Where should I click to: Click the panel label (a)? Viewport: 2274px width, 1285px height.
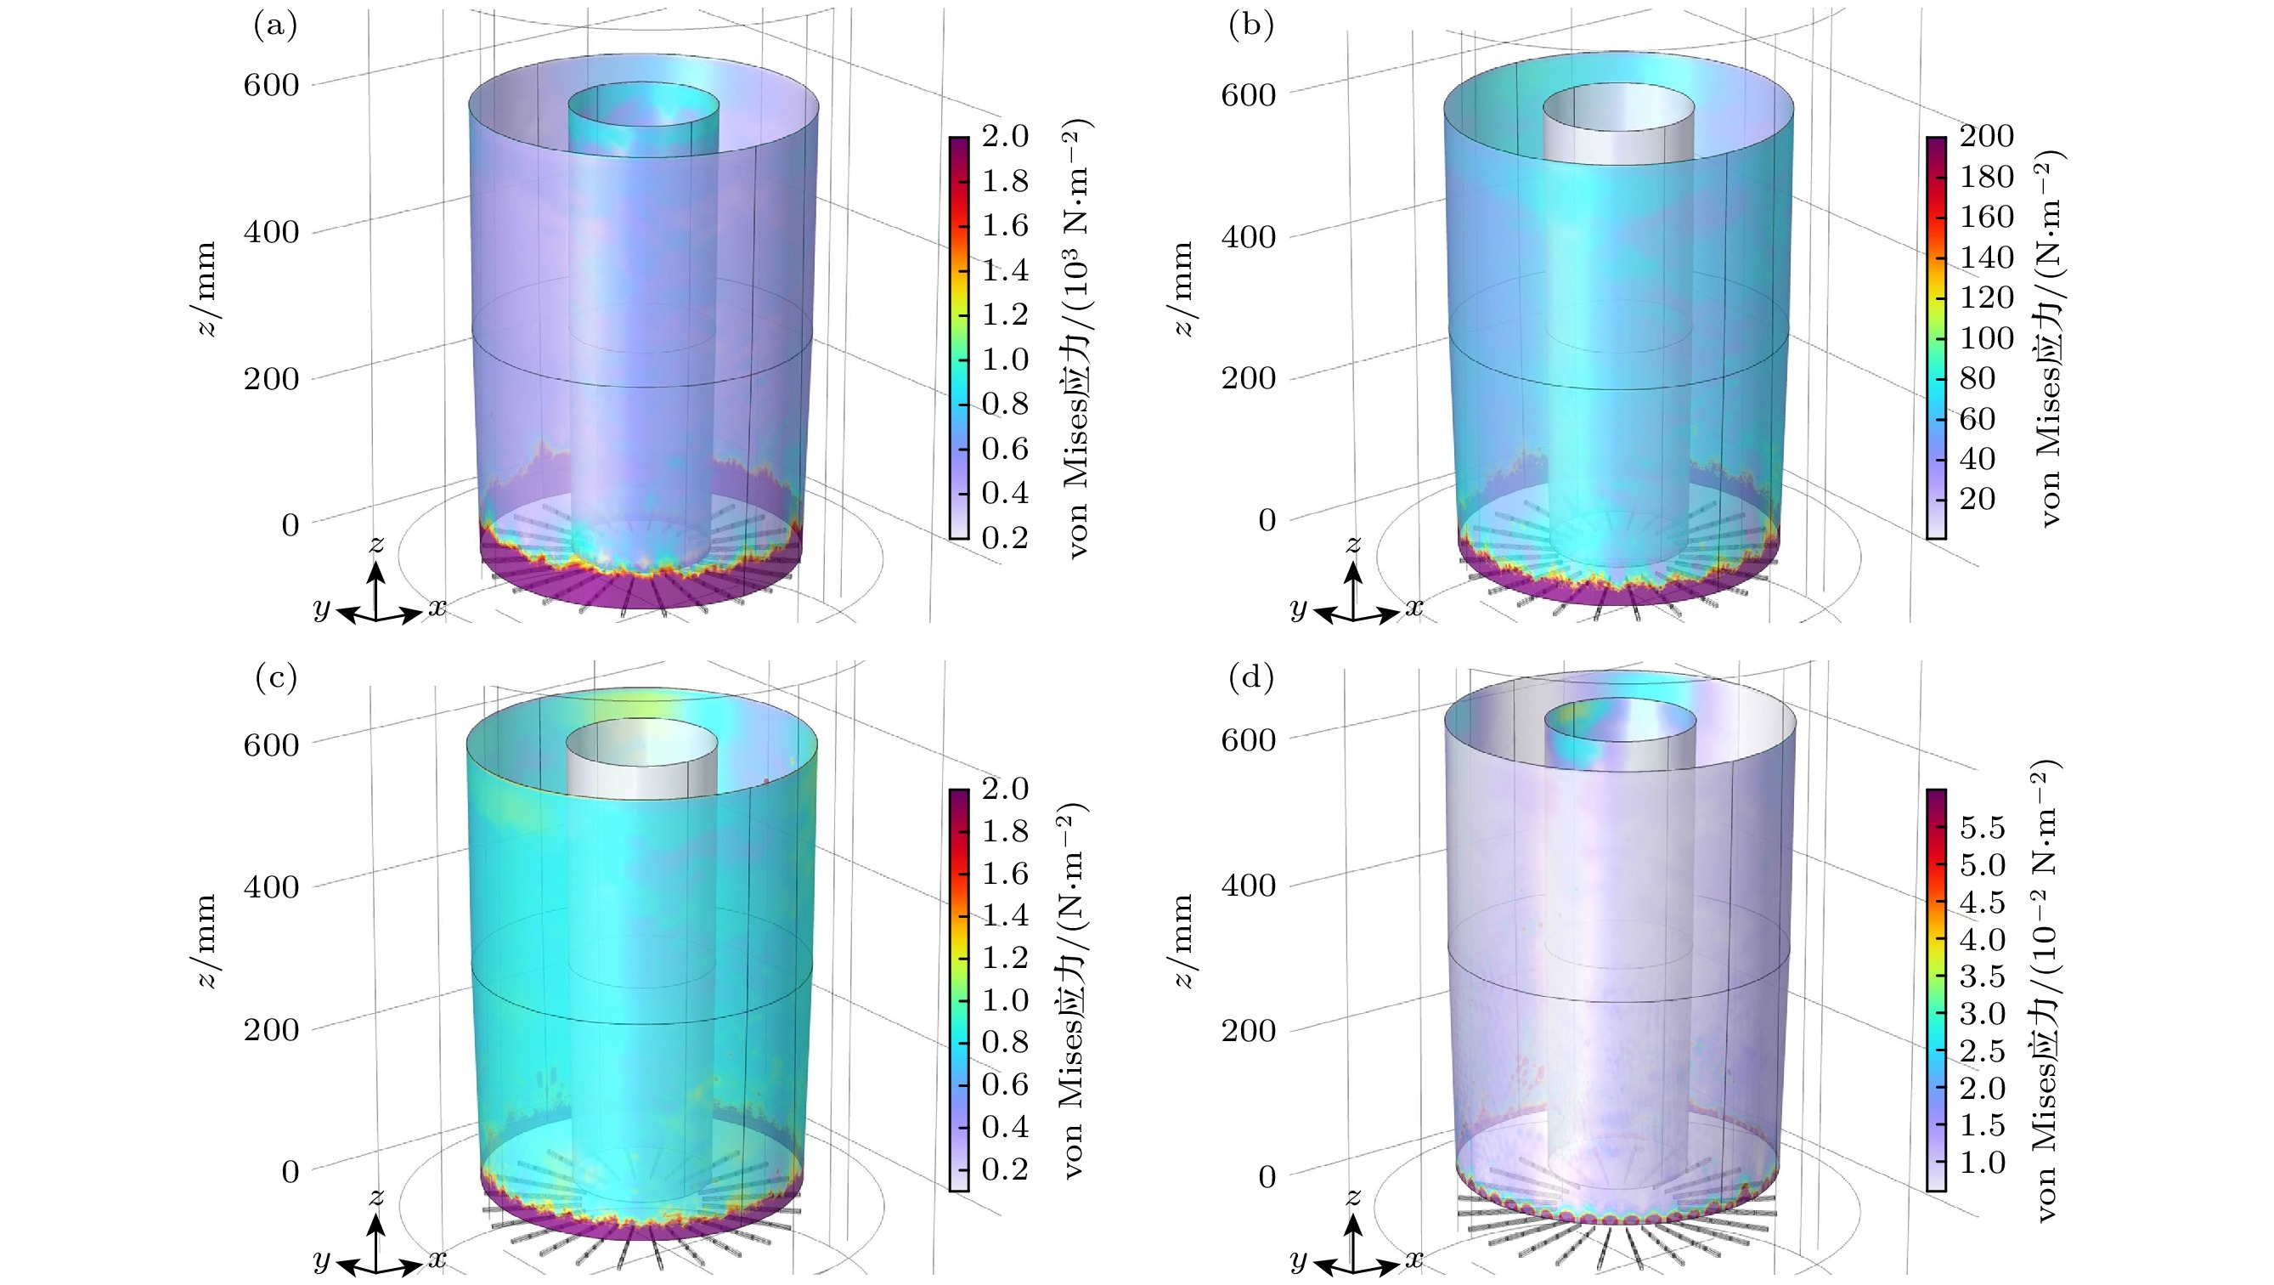274,26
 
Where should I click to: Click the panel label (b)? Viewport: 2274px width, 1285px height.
1251,26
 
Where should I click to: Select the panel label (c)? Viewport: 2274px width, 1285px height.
274,678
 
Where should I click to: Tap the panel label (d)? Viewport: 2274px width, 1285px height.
1251,678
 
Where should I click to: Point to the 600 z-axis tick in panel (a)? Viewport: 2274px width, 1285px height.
271,86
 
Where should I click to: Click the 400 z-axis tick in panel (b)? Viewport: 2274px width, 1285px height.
1247,236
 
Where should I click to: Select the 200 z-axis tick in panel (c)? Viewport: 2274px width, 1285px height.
271,1030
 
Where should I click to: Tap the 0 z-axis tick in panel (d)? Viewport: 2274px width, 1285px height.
1267,1177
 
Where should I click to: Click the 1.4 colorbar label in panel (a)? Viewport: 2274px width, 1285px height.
1006,270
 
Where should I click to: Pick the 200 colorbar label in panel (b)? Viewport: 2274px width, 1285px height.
1987,136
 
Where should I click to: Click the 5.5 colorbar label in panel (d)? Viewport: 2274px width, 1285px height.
1983,829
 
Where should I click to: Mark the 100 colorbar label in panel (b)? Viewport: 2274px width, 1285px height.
1987,338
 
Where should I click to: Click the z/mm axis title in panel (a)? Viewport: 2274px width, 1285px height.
206,289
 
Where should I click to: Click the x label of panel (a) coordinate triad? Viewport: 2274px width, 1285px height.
437,608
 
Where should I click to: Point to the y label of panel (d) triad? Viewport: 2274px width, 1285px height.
1299,1260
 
